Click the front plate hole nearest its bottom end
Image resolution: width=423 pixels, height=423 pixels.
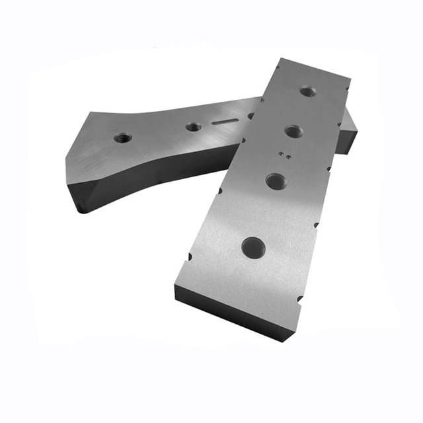pyautogui.click(x=253, y=248)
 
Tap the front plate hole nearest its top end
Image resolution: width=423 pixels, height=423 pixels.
pyautogui.click(x=306, y=91)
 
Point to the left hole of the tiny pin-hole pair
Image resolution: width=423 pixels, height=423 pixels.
pyautogui.click(x=281, y=155)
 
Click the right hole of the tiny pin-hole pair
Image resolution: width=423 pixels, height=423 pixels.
pyautogui.click(x=288, y=157)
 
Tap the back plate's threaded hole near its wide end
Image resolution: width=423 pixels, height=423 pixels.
pyautogui.click(x=122, y=138)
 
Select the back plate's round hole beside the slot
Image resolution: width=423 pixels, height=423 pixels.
pyautogui.click(x=193, y=126)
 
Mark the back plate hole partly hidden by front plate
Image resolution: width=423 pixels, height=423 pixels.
pyautogui.click(x=251, y=116)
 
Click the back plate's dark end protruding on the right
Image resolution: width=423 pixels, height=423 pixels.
pyautogui.click(x=348, y=135)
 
